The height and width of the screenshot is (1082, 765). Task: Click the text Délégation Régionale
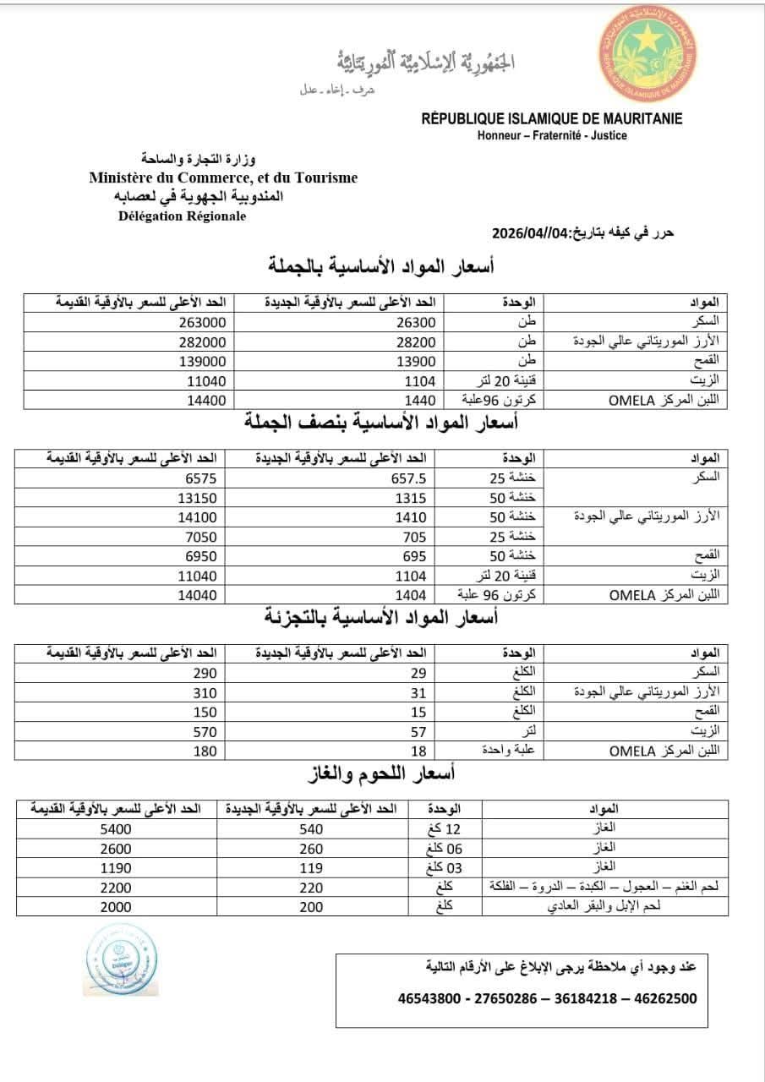tap(183, 216)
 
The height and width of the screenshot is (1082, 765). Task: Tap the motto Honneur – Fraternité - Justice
tap(552, 135)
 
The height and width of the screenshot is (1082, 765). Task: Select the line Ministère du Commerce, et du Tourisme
tap(223, 178)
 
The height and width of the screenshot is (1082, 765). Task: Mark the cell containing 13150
tap(198, 498)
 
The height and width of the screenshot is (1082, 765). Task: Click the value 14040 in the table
tap(198, 595)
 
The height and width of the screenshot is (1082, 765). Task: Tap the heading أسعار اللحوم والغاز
tap(384, 773)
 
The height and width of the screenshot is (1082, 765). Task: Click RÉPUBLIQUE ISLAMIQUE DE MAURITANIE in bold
tap(552, 119)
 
